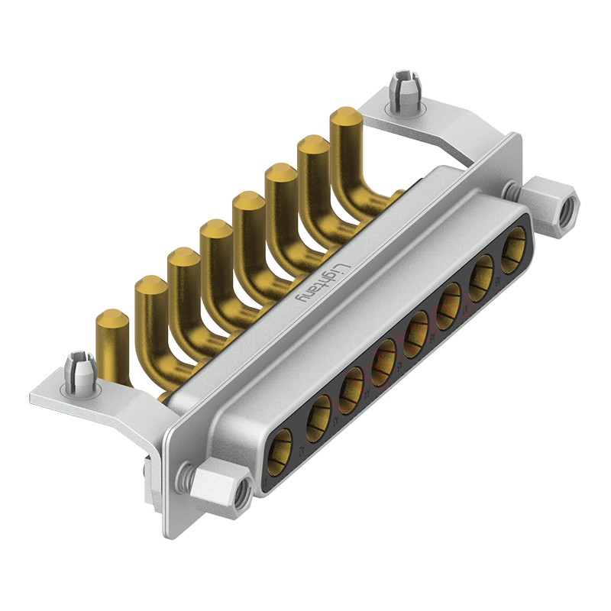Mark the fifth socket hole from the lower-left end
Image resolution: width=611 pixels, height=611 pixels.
point(417,329)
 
